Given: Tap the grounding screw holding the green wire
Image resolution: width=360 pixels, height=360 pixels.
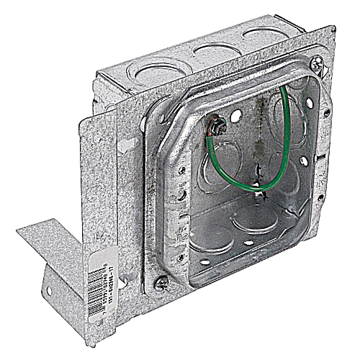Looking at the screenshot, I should click(216, 130).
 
